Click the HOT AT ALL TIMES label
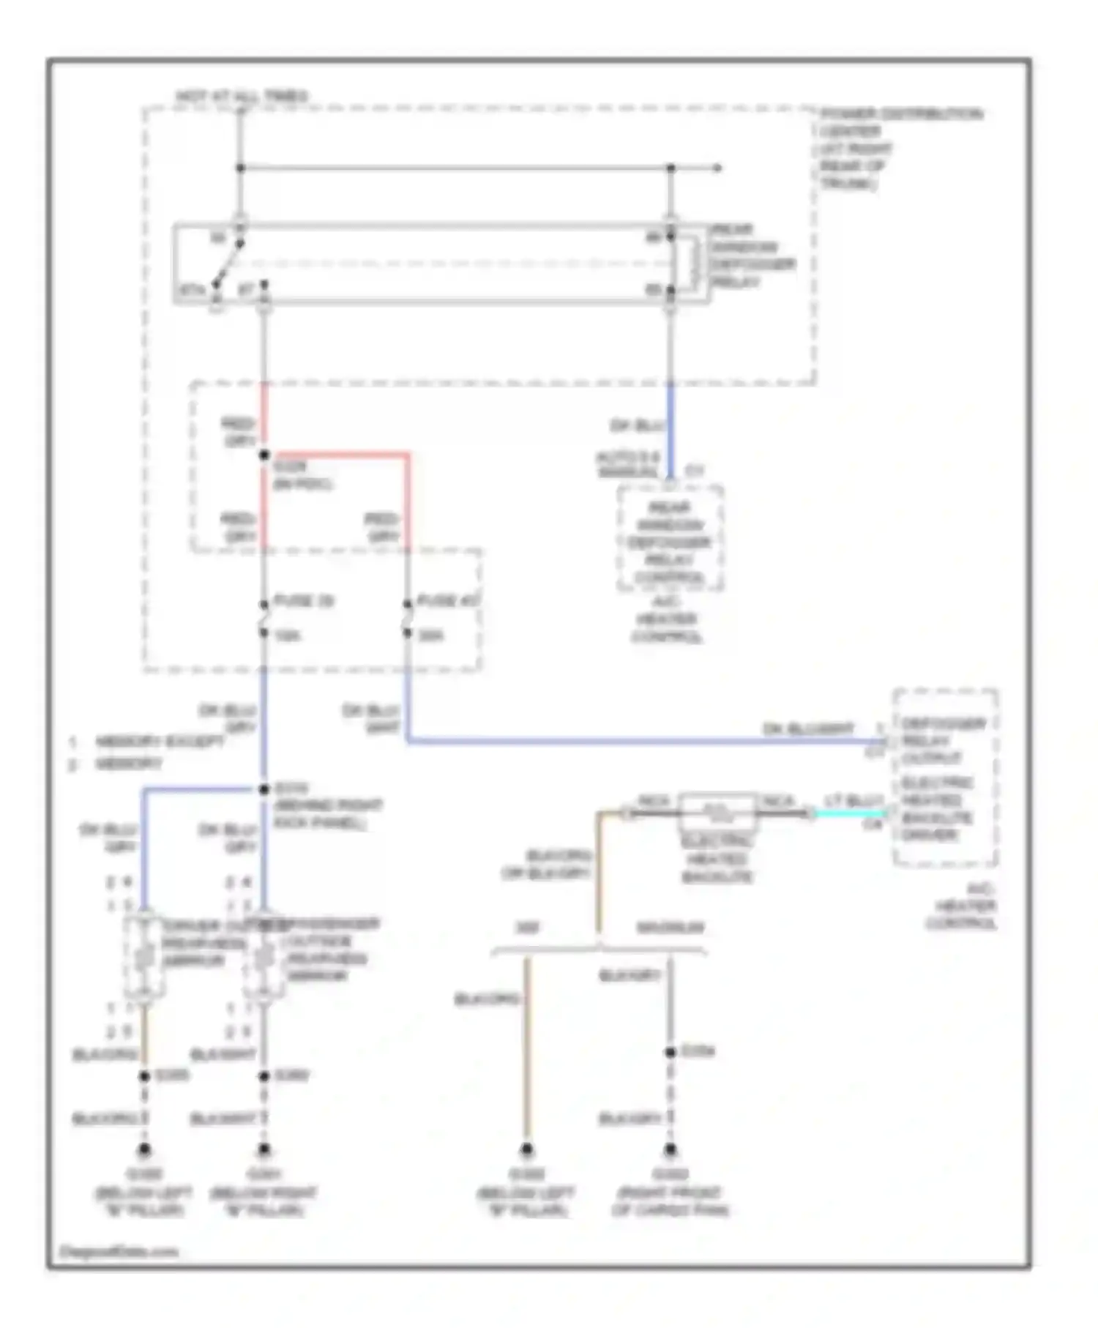242,97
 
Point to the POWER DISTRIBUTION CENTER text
900,115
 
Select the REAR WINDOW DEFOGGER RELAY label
750,256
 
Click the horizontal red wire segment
337,455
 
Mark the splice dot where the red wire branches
264,455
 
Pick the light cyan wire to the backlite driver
849,813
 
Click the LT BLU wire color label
854,801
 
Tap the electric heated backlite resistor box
717,809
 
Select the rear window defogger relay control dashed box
670,538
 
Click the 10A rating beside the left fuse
287,635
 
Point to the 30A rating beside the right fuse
430,635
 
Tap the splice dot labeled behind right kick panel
264,789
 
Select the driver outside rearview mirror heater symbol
144,956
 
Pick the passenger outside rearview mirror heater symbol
264,956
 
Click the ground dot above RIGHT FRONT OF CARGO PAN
670,1149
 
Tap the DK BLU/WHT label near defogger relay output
808,729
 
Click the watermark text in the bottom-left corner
119,1252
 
